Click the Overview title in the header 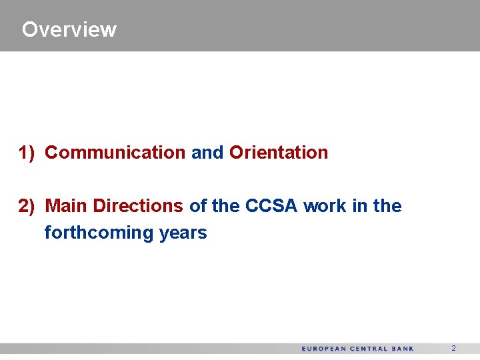[69, 29]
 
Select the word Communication [115, 153]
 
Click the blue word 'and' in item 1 [207, 153]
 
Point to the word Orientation [279, 153]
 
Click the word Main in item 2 [67, 206]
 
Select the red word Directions [138, 206]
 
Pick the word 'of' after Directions [198, 206]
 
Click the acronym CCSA [271, 206]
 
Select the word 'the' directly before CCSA [226, 206]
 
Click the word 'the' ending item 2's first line [387, 206]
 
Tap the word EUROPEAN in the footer [324, 349]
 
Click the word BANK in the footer [403, 349]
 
